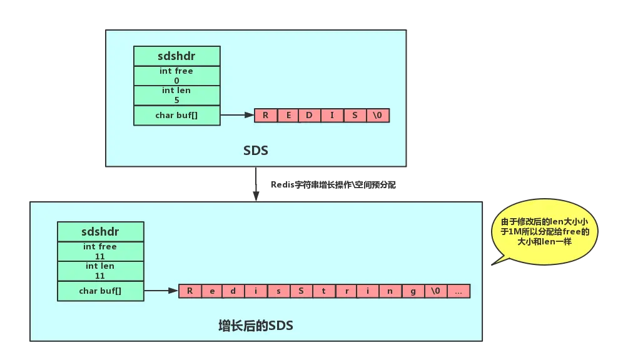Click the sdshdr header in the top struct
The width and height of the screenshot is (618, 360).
click(x=177, y=56)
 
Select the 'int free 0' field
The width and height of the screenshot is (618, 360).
click(x=177, y=76)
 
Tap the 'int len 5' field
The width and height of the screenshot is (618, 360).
click(x=177, y=95)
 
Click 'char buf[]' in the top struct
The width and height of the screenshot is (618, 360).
click(x=177, y=115)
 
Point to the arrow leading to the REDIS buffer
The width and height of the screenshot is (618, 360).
click(x=237, y=115)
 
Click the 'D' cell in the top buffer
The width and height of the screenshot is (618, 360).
click(x=310, y=115)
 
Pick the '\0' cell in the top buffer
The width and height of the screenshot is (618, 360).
click(x=377, y=115)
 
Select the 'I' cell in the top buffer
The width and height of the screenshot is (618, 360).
click(x=332, y=115)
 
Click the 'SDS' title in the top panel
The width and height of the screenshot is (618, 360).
click(x=256, y=151)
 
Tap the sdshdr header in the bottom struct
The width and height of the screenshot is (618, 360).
click(x=100, y=232)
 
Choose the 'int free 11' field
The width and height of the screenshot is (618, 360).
click(x=100, y=251)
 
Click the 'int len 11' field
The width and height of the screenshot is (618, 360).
click(x=100, y=271)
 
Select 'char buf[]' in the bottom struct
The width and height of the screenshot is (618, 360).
click(x=100, y=291)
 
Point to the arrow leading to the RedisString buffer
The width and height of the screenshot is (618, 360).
click(x=161, y=291)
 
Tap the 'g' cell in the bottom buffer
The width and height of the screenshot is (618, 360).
click(x=413, y=291)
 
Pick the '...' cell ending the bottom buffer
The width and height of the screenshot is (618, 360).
click(x=458, y=291)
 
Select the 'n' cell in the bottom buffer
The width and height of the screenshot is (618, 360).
click(x=391, y=291)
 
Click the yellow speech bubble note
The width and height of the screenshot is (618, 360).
click(x=544, y=231)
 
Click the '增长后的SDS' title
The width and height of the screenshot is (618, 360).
click(x=256, y=325)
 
